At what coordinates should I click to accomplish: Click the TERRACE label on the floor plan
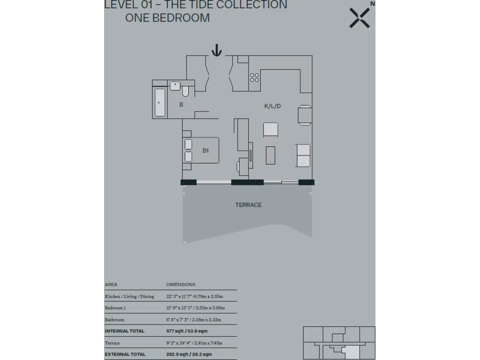point(248,205)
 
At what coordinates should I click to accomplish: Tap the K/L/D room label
point(272,106)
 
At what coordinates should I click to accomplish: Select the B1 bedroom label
point(205,150)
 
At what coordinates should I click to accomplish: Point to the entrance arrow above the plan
point(216,50)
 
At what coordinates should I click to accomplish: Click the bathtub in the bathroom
point(160,103)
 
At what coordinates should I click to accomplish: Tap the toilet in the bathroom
point(186,90)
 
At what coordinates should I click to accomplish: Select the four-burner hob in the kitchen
point(255,77)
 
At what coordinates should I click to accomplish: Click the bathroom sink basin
point(175,85)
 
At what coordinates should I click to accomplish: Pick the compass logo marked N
point(360,17)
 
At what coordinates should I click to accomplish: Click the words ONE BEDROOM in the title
point(167,18)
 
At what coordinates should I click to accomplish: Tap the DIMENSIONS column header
point(180,285)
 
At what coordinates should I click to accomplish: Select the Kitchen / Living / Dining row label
point(129,296)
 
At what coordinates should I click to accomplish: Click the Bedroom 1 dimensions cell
point(195,308)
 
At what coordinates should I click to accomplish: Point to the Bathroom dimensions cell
point(194,320)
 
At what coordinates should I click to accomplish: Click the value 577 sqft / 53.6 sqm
point(187,331)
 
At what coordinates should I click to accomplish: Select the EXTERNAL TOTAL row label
point(125,354)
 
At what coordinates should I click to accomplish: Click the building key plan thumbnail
point(339,343)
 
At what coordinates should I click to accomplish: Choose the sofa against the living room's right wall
point(304,155)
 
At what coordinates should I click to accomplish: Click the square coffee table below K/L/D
point(270,129)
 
